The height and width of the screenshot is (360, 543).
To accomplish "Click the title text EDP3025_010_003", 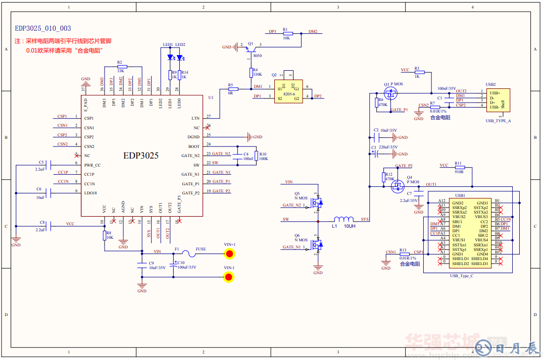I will pos(43,29).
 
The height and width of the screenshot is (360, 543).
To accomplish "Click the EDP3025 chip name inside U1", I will pos(141,156).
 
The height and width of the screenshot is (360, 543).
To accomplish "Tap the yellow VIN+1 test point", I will pos(229,253).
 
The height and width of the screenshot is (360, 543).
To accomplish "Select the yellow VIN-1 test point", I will pos(229,277).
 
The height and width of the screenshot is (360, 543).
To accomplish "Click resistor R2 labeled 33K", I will pos(121,66).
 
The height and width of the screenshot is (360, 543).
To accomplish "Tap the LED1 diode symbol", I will pos(170,57).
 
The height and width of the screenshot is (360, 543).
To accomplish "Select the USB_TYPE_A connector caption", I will pos(498,121).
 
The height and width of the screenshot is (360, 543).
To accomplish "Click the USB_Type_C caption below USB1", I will pos(461,276).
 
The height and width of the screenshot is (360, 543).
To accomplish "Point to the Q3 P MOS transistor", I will pos(390,93).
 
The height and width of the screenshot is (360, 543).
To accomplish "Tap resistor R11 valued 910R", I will pos(458,167).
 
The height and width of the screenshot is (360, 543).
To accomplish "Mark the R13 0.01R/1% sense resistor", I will pos(404,254).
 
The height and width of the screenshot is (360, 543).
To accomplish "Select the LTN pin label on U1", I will pos(195,118).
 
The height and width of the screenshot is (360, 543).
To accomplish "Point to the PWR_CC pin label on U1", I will pos(92,165).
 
